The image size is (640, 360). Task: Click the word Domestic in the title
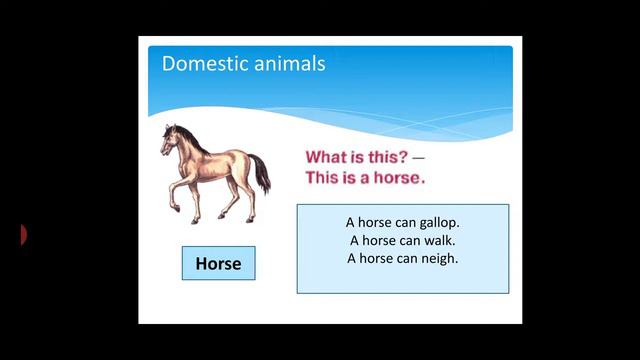[x=198, y=64]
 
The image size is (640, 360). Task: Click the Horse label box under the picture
[x=218, y=264]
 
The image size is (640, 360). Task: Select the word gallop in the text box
[x=434, y=223]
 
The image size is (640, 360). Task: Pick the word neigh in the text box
[x=436, y=258]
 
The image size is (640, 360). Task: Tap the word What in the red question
[x=325, y=158]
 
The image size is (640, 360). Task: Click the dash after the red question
[x=417, y=158]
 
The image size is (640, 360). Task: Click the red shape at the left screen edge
[x=23, y=235]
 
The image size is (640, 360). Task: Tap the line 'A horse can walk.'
[x=403, y=240]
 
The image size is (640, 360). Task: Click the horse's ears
[x=174, y=127]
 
